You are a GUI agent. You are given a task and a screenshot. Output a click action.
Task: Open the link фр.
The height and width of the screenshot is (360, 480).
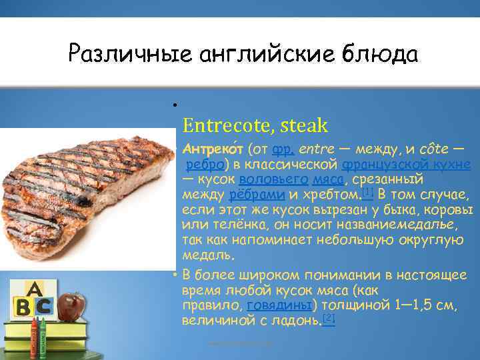[281, 148]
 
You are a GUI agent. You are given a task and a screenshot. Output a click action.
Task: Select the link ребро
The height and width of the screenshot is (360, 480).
[202, 164]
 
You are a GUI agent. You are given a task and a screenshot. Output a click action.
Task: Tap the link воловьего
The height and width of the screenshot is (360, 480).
[273, 179]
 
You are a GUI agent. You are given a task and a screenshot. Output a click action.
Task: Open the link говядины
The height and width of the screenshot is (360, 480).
[279, 305]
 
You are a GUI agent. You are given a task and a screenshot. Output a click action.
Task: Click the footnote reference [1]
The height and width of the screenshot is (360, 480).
[367, 192]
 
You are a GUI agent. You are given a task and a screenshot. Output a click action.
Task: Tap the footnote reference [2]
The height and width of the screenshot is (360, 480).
[329, 318]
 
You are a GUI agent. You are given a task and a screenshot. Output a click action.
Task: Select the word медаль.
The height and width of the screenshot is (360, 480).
[207, 256]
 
